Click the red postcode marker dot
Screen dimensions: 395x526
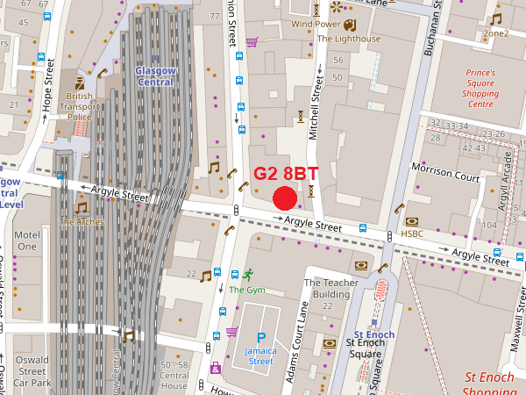pyautogui.click(x=286, y=198)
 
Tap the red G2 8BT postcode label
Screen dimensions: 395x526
pyautogui.click(x=286, y=174)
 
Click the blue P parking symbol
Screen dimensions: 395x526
pyautogui.click(x=260, y=338)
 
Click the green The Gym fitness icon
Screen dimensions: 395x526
pyautogui.click(x=248, y=274)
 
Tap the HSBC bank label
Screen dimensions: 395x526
pyautogui.click(x=412, y=233)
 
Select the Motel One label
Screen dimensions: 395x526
pyautogui.click(x=27, y=241)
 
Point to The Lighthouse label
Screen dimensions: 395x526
pyautogui.click(x=349, y=39)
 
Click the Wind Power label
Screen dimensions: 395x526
pyautogui.click(x=316, y=24)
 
